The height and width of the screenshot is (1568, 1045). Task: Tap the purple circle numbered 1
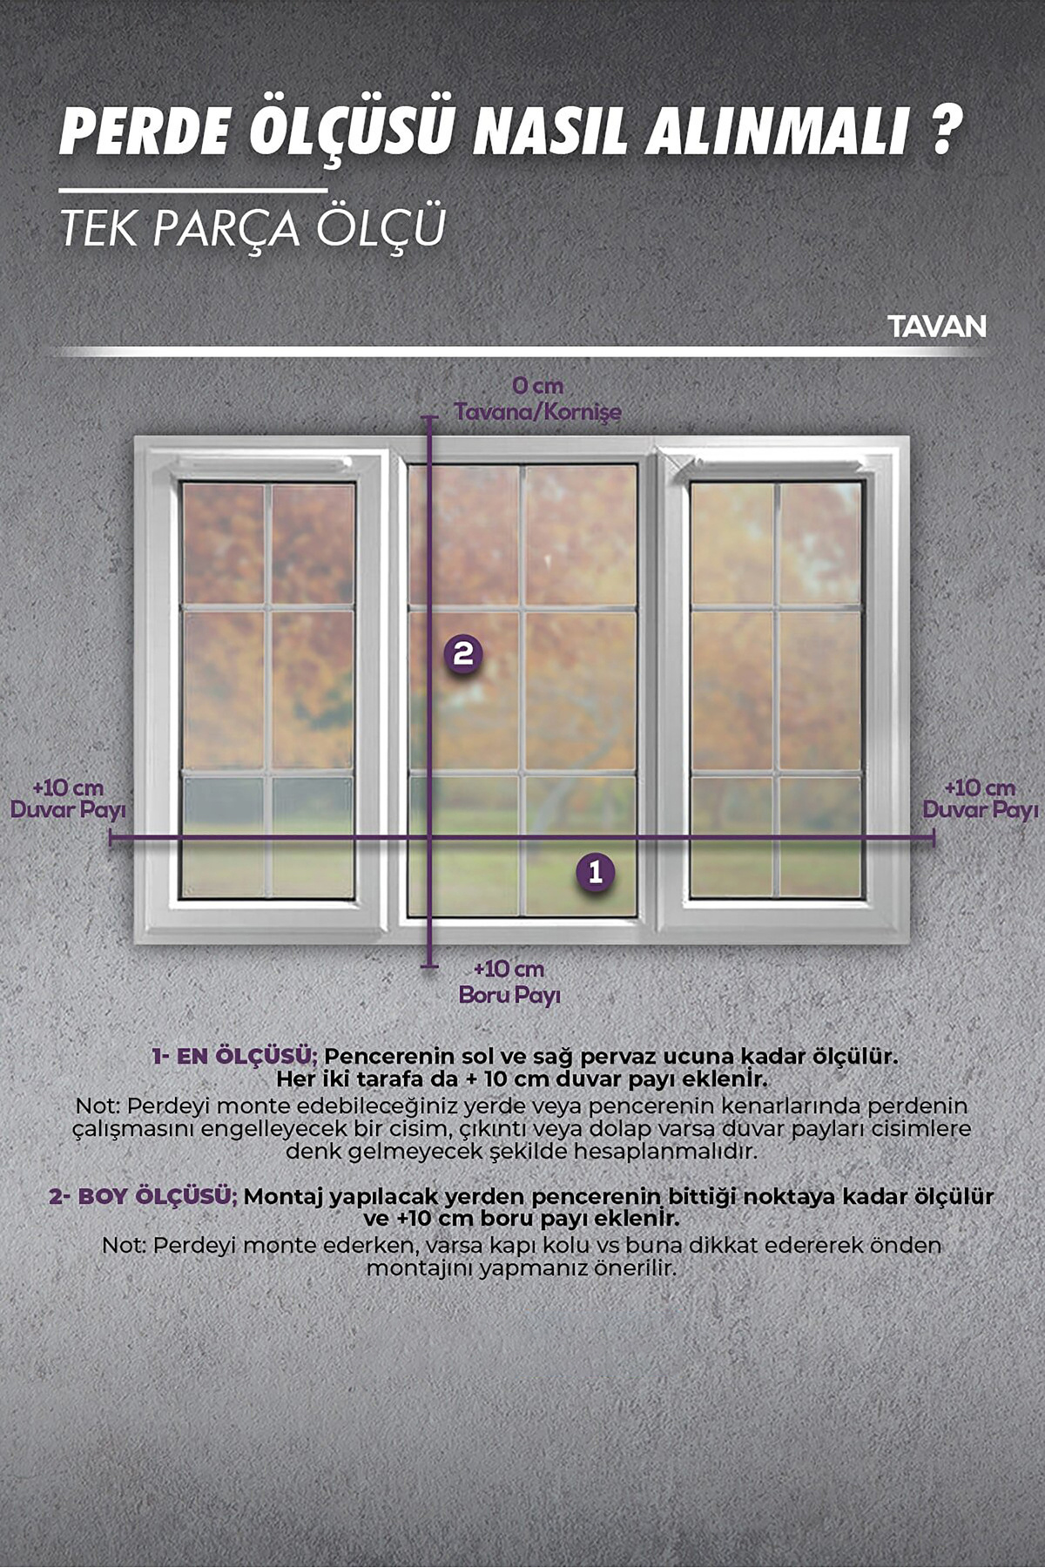(x=596, y=872)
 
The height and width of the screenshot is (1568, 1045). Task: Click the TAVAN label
(x=937, y=327)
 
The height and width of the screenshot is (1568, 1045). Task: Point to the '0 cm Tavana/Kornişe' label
(x=537, y=398)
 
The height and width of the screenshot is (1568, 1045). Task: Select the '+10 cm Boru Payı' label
(x=509, y=982)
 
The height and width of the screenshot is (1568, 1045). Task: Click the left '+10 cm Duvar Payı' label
(x=68, y=799)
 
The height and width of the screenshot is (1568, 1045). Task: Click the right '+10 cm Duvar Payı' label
(x=981, y=799)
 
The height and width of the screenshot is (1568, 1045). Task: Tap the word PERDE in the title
(x=145, y=132)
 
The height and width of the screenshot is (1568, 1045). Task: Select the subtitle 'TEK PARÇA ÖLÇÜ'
(x=253, y=226)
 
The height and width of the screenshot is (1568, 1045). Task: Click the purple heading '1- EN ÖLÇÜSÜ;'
(x=233, y=1056)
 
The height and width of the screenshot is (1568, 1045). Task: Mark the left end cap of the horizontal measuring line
(x=111, y=838)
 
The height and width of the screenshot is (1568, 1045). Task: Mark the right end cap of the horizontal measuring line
(x=934, y=838)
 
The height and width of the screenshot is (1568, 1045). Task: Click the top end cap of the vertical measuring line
(x=429, y=418)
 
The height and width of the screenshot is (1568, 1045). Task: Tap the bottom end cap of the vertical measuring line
(x=429, y=965)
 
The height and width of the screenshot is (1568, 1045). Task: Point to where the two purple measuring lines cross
(x=429, y=838)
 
